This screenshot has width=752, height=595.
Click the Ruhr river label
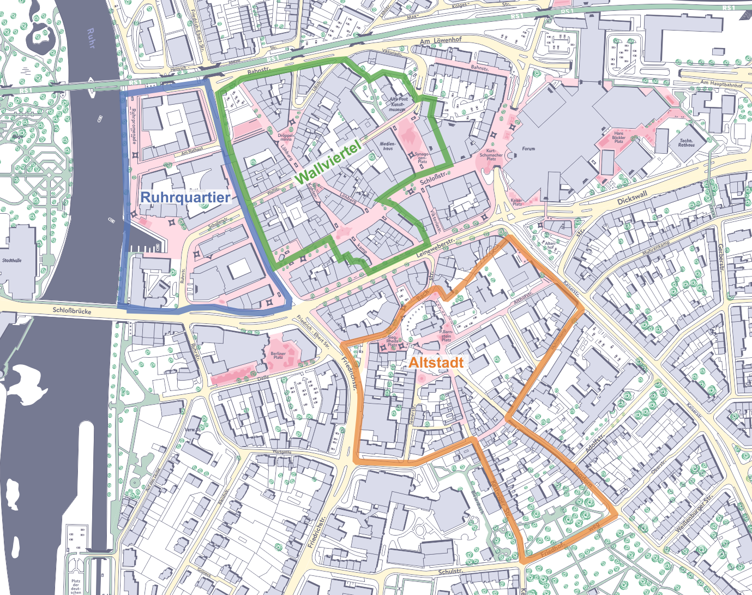point(91,38)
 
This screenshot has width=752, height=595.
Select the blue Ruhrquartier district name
point(185,197)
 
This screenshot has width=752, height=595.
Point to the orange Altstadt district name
point(436,363)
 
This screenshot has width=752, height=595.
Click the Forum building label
point(528,148)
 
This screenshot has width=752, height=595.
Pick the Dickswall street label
point(632,198)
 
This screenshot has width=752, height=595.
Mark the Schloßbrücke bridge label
point(72,311)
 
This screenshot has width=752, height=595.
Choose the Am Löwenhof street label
point(441,41)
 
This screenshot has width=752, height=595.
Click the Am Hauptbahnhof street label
point(721,84)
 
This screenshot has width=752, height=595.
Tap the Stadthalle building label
point(11,261)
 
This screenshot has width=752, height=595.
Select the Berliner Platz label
point(278,356)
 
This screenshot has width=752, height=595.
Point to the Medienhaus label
point(388,146)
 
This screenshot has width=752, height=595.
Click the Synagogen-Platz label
point(422,158)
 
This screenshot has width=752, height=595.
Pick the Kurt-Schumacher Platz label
point(491,155)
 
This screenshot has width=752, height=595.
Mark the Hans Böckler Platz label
point(618,137)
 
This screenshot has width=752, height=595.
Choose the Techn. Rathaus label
point(686,143)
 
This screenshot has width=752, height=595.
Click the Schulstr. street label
point(450,572)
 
